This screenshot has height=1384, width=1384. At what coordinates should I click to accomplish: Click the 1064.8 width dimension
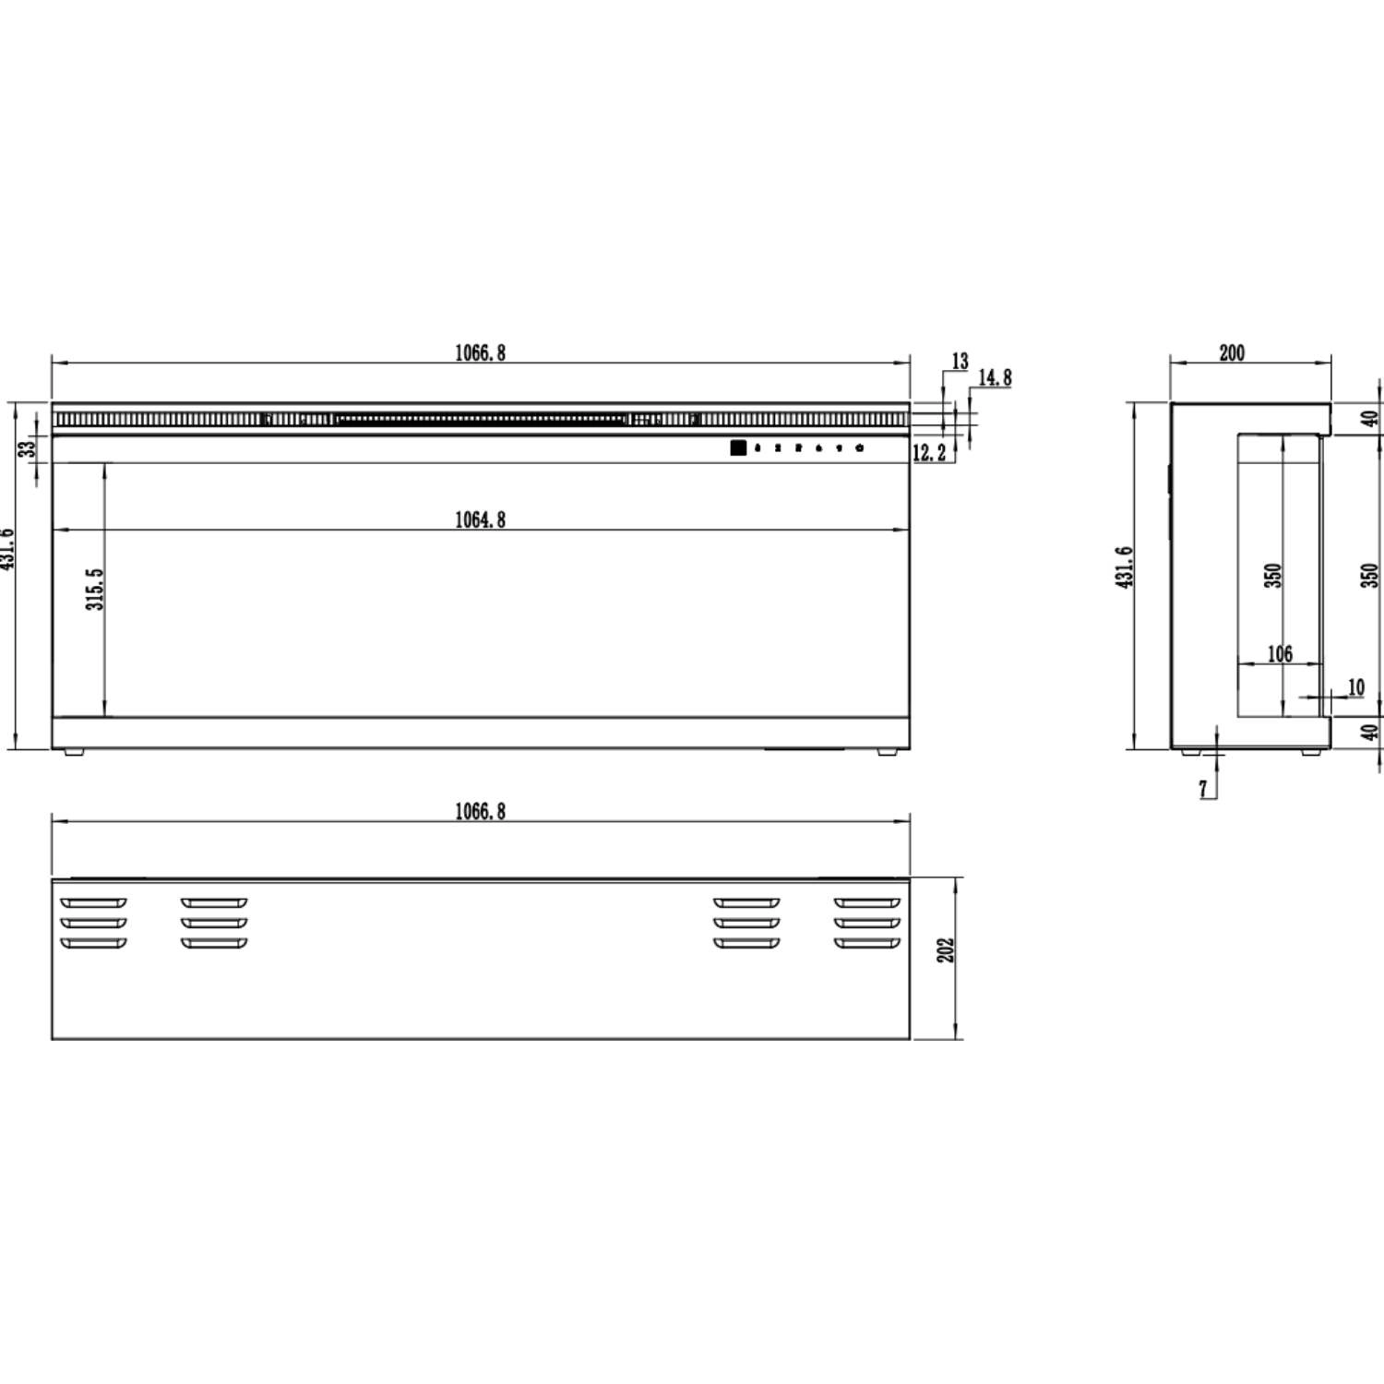(480, 520)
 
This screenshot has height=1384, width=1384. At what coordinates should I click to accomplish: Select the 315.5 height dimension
(95, 589)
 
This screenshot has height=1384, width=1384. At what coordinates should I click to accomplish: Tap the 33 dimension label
(28, 447)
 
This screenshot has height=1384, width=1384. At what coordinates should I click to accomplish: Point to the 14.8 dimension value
(995, 377)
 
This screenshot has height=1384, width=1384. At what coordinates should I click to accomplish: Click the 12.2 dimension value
(929, 453)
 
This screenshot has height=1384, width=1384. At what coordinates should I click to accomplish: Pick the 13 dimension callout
(960, 362)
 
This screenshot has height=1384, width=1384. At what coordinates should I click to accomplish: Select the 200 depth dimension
(1232, 352)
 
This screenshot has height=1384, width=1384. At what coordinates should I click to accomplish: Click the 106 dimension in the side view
(1280, 654)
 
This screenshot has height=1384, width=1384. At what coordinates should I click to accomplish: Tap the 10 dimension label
(1355, 687)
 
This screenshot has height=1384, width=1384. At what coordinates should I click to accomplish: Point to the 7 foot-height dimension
(1202, 790)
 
